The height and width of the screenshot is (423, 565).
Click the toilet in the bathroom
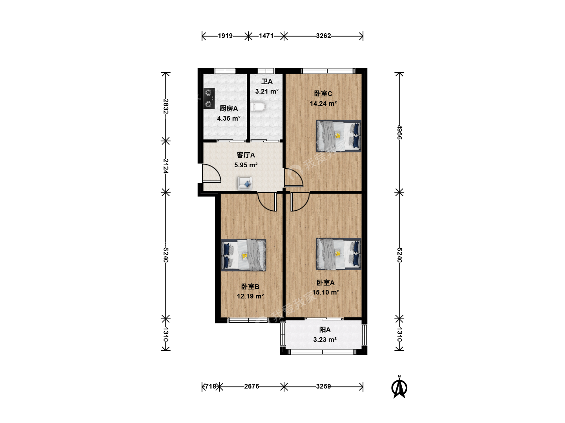pyautogui.click(x=258, y=107)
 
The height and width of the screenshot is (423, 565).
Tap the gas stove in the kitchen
pyautogui.click(x=209, y=98)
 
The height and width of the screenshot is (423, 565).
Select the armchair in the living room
pyautogui.click(x=245, y=183)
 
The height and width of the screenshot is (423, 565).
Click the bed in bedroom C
pyautogui.click(x=339, y=136)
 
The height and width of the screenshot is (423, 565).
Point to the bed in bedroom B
pyautogui.click(x=244, y=255)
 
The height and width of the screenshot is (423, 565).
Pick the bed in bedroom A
pyautogui.click(x=339, y=254)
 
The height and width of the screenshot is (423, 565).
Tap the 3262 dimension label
pyautogui.click(x=323, y=36)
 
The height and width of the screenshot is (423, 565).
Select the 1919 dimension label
pyautogui.click(x=225, y=36)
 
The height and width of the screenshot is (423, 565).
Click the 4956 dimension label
pyautogui.click(x=399, y=132)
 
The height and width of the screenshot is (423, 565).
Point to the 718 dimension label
pyautogui.click(x=211, y=386)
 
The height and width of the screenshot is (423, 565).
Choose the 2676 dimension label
pyautogui.click(x=252, y=386)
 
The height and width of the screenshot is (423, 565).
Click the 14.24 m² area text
pyautogui.click(x=323, y=103)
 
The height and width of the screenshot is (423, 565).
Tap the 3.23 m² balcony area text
pyautogui.click(x=325, y=340)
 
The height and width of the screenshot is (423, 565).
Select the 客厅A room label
pyautogui.click(x=246, y=155)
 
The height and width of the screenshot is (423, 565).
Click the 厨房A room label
pyautogui.click(x=229, y=108)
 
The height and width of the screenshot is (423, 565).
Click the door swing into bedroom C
pyautogui.click(x=294, y=177)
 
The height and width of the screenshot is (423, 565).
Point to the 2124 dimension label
pyautogui.click(x=166, y=166)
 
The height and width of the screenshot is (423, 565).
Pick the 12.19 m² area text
pyautogui.click(x=250, y=296)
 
